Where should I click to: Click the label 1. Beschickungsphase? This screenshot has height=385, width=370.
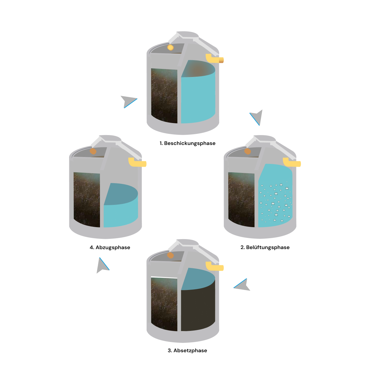(187, 143)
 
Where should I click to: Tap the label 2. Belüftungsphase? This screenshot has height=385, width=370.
(265, 247)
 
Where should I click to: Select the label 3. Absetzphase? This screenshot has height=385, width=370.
(187, 350)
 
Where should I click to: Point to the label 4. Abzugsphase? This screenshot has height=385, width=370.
(110, 247)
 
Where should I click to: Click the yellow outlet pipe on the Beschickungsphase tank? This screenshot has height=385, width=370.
(214, 59)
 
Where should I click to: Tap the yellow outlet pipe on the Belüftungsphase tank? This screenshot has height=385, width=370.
(291, 163)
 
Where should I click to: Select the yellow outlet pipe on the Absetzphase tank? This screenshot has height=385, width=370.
(214, 266)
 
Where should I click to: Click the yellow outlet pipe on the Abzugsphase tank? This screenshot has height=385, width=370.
(137, 163)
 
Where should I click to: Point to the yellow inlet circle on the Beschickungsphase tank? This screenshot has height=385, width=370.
(171, 47)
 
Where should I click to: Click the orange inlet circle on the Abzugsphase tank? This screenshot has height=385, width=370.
(93, 151)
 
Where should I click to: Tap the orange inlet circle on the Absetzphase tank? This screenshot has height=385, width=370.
(170, 255)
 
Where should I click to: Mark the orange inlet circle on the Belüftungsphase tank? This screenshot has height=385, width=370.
(247, 151)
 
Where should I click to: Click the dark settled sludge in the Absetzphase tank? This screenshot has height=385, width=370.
(198, 310)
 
